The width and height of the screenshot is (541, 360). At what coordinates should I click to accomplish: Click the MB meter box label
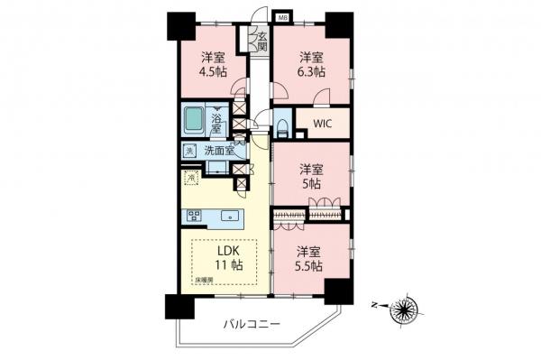[282, 17]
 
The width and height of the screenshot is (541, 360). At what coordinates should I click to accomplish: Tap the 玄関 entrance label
[261, 42]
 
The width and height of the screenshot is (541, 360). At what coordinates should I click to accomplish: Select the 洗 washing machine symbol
[190, 151]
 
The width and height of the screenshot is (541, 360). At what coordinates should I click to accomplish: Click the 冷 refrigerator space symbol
[190, 177]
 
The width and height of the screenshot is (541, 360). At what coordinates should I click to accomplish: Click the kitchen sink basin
[228, 216]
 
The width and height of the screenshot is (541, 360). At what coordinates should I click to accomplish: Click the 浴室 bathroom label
[216, 124]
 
